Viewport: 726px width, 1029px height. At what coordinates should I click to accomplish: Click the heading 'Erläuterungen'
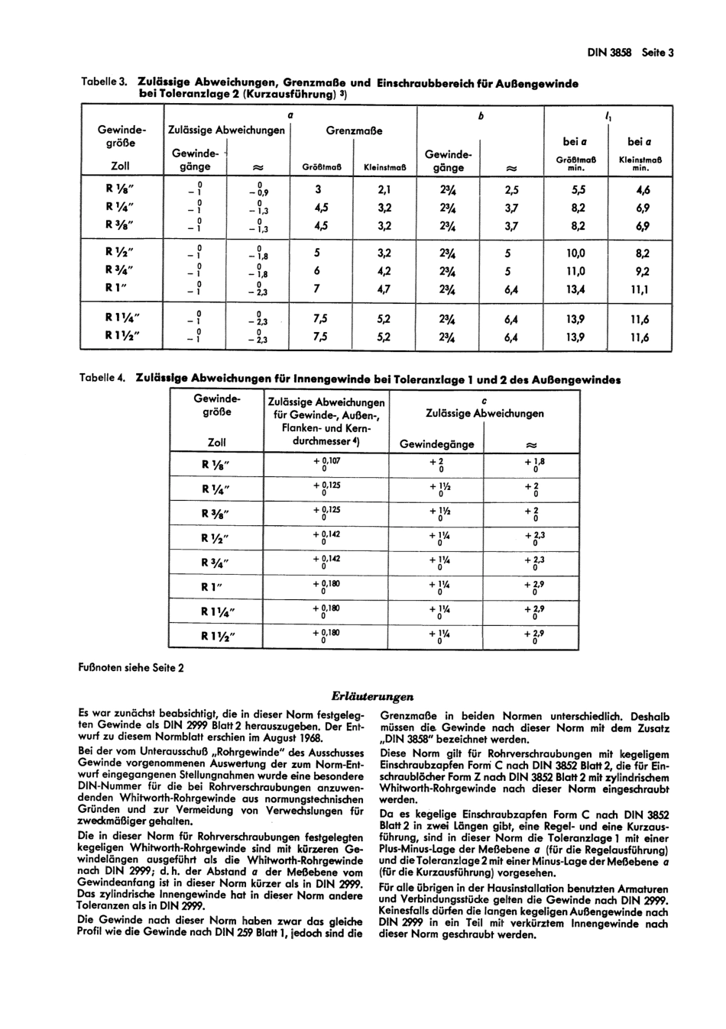tap(373, 695)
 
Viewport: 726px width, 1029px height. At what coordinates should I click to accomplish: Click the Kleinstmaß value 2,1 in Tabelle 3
tap(384, 190)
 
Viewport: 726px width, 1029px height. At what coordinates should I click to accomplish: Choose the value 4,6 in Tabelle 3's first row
tap(640, 190)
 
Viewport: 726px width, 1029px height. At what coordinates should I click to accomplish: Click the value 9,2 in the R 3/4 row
tap(640, 271)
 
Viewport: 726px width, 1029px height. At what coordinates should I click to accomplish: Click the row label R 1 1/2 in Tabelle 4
tap(219, 636)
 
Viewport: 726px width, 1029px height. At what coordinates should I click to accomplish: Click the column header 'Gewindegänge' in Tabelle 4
tap(437, 444)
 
